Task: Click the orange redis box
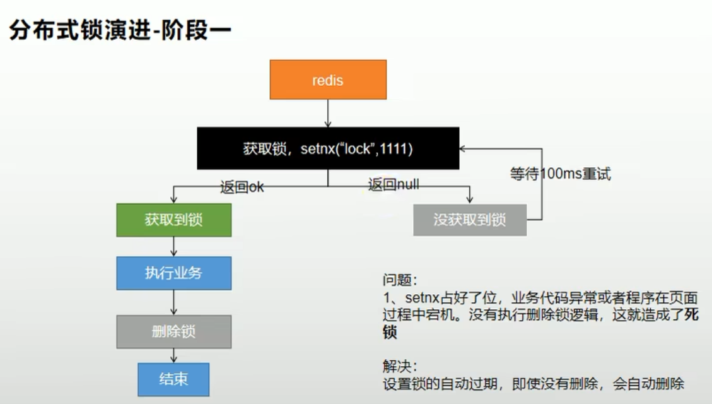point(328,80)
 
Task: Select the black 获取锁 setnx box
point(328,148)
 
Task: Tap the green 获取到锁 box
point(174,220)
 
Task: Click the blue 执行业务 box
point(174,273)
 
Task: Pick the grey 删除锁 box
point(174,332)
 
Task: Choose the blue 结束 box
point(173,379)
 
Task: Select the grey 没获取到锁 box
point(470,220)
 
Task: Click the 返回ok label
point(242,187)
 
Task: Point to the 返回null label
point(394,184)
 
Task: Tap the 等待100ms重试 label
point(561,173)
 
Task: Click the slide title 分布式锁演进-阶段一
point(120,30)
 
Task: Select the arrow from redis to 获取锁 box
point(328,113)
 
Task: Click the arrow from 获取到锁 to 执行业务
point(174,246)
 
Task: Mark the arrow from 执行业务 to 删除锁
point(174,302)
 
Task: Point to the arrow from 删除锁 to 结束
point(174,355)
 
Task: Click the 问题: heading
point(400,280)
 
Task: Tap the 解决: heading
point(400,366)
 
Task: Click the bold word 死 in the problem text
point(692,314)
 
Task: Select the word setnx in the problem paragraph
point(423,298)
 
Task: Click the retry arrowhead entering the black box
point(463,148)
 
